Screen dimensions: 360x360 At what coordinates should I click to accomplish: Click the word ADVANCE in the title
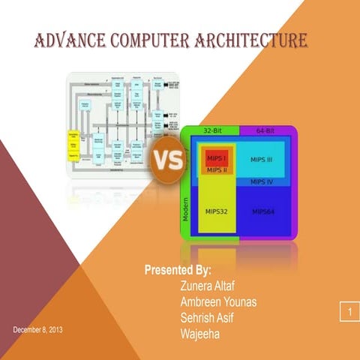point(70,39)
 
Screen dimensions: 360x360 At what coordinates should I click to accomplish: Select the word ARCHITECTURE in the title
point(252,39)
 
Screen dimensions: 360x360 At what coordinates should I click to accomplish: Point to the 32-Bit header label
point(211,131)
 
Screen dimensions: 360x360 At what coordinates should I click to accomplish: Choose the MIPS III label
point(262,159)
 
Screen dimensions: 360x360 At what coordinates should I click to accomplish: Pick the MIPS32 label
point(217,211)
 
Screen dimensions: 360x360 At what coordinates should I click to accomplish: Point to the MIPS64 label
point(264,211)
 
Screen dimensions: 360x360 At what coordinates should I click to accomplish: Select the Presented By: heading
point(178,269)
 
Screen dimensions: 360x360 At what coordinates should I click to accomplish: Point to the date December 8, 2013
point(38,331)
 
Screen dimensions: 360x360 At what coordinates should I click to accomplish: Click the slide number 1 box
point(349,310)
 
